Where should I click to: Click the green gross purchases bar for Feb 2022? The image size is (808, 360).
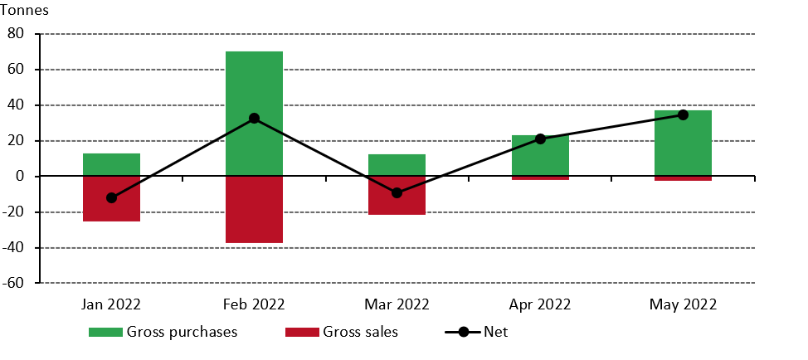point(254,83)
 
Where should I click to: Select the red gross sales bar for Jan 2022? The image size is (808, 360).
point(111,207)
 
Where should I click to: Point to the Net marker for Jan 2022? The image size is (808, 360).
point(111,198)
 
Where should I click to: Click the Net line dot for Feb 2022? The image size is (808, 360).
point(254,119)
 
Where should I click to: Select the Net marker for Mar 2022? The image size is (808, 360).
point(397,192)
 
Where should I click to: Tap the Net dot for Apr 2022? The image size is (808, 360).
point(540,139)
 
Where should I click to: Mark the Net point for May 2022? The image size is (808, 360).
point(683,115)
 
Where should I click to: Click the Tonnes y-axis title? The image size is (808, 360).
point(27,12)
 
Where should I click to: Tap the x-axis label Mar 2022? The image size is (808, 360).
point(397,304)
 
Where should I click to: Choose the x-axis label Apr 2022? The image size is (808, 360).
point(540,304)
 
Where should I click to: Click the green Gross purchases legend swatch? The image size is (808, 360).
point(105,333)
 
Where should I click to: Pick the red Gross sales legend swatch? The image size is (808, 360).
point(301,333)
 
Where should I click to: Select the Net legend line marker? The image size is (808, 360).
point(463,333)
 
